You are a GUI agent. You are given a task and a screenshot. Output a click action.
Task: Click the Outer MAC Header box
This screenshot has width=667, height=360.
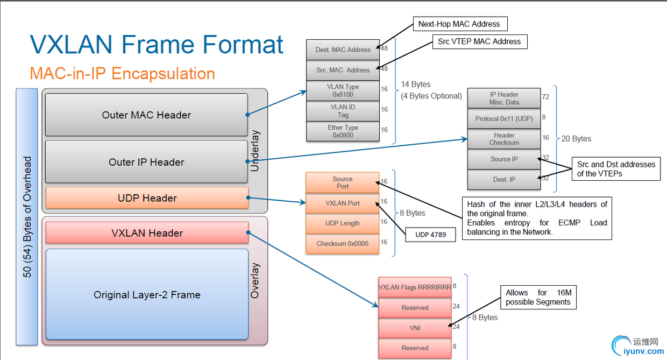[146, 115]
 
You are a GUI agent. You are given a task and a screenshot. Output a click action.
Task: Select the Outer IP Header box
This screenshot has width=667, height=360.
[146, 161]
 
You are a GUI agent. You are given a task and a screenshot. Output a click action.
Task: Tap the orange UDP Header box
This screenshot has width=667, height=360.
[147, 197]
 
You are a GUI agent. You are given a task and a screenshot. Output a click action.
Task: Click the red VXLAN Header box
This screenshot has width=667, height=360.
[147, 232]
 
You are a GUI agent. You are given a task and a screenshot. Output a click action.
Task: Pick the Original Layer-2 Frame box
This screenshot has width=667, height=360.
[147, 294]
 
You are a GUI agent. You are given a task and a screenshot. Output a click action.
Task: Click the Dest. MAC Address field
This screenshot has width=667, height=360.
[343, 50]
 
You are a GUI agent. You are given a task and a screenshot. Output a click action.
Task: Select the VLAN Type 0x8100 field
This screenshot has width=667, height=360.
[343, 90]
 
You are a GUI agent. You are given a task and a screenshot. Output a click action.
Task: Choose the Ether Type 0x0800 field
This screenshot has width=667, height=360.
[343, 131]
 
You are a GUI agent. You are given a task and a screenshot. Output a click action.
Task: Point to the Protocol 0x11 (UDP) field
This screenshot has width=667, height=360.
[504, 118]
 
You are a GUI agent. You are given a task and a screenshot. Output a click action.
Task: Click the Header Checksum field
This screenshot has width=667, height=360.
[504, 139]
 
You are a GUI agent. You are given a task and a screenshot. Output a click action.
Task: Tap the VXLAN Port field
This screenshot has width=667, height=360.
[343, 203]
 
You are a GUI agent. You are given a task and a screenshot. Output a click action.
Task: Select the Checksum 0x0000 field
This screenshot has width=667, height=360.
[343, 244]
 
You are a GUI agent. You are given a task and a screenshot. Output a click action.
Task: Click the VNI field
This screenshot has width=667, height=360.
[415, 328]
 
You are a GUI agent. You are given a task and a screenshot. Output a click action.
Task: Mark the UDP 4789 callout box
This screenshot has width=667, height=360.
[430, 235]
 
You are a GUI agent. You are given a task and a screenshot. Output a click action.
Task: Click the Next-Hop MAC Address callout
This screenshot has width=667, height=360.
[460, 24]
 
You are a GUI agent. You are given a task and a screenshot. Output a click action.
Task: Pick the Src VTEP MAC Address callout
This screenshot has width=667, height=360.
[480, 41]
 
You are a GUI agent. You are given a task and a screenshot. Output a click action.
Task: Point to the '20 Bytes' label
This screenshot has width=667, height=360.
[576, 139]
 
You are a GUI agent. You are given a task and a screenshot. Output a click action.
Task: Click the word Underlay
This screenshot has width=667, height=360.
[255, 151]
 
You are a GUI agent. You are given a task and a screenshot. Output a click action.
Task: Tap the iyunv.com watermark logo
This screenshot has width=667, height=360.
[637, 345]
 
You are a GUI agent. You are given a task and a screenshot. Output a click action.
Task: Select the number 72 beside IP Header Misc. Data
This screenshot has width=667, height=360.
[545, 97]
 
